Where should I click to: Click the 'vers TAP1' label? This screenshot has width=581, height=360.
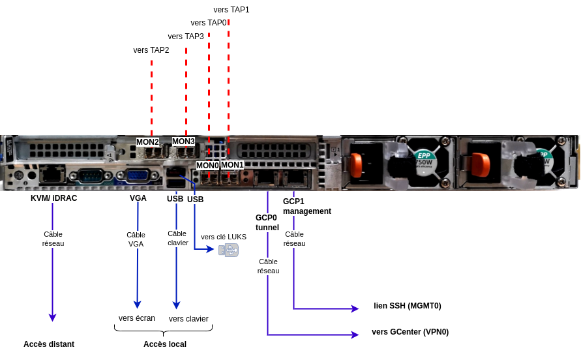point(231,10)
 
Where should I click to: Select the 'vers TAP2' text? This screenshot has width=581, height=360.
point(151,50)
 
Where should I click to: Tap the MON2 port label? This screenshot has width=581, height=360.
point(147,142)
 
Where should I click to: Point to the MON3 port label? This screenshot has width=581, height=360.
point(183,142)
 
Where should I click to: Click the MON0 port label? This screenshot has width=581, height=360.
point(207,166)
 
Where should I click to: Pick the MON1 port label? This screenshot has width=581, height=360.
point(232,164)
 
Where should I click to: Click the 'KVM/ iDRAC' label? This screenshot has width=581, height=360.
point(53,198)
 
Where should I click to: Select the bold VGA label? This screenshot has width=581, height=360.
point(138,198)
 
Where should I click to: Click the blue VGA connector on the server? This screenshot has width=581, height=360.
point(138,175)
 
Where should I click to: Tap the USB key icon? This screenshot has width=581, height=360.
point(229,250)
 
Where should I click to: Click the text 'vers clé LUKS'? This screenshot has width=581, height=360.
point(224,237)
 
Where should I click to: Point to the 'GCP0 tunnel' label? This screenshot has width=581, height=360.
point(267,222)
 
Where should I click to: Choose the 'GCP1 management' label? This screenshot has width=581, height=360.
point(307,206)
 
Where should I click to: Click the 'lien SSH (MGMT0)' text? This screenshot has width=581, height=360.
point(407,306)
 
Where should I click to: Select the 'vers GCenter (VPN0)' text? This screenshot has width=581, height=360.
point(410,332)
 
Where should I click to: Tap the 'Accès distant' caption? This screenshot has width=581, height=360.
point(49,344)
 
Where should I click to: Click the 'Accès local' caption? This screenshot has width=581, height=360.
point(165,344)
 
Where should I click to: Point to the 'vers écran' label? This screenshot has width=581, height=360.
point(137,318)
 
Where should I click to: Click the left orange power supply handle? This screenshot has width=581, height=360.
point(356,166)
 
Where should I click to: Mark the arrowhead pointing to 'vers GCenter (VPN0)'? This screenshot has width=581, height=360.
point(355,335)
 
